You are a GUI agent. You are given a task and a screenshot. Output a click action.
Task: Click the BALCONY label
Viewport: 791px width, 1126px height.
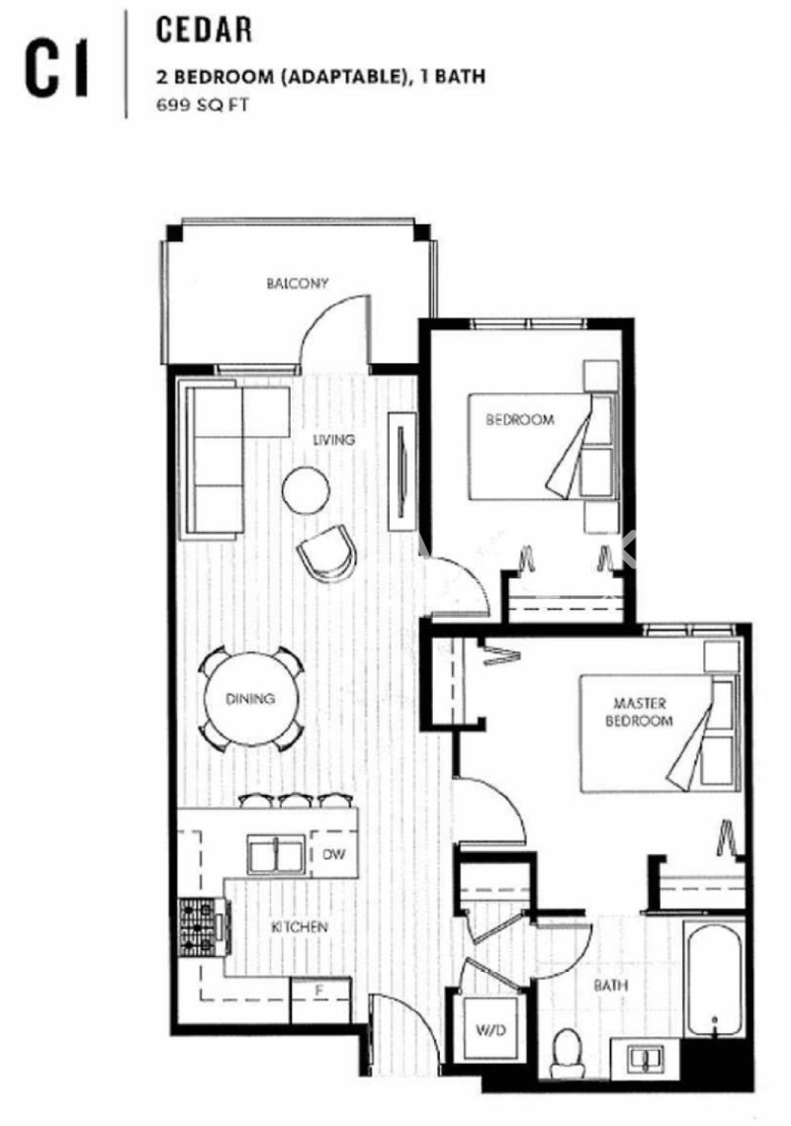click(297, 283)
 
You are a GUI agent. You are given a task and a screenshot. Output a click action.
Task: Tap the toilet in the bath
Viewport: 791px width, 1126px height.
click(568, 1053)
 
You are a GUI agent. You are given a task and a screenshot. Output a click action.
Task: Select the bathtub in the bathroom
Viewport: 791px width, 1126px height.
click(713, 980)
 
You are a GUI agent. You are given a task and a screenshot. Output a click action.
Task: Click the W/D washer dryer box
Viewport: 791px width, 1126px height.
click(490, 1030)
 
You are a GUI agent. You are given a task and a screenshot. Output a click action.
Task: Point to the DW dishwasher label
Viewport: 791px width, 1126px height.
click(333, 854)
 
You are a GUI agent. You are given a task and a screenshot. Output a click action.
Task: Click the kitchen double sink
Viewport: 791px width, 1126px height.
click(276, 854)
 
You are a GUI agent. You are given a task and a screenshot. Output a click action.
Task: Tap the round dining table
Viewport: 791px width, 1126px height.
click(250, 698)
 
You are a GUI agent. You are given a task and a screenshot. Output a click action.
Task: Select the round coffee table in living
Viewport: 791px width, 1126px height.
click(307, 489)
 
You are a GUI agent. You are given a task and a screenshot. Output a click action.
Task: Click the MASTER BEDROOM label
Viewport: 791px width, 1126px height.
click(639, 712)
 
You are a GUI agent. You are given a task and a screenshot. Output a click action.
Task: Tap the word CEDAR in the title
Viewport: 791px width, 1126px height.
click(204, 31)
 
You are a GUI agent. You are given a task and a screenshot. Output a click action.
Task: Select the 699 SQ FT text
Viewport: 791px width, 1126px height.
click(203, 105)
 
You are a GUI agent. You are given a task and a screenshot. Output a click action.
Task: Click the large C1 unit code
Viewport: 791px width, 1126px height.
click(56, 69)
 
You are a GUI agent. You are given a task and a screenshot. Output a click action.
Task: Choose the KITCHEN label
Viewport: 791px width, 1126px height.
click(300, 927)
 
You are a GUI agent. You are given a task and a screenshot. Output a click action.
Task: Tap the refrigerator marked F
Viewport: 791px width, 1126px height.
click(320, 999)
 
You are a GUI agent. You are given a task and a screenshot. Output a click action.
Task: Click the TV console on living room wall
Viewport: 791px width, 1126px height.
click(401, 472)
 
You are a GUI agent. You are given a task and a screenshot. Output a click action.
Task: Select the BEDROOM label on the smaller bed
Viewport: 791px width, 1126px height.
click(519, 419)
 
